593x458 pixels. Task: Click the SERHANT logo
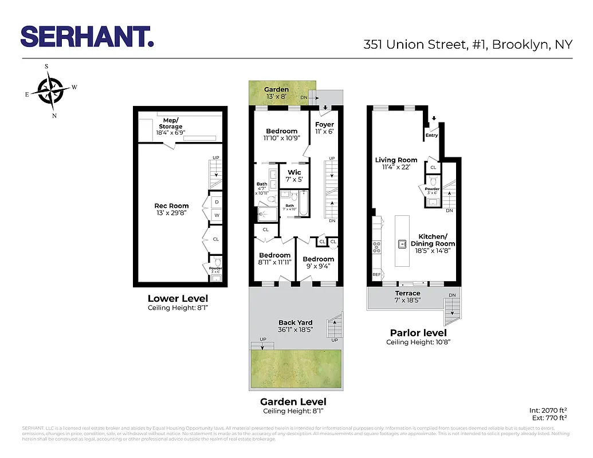(x=87, y=37)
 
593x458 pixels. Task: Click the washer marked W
(x=217, y=215)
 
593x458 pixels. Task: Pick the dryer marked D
(x=217, y=202)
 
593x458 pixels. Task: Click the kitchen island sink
(x=403, y=244)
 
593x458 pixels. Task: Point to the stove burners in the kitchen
(x=378, y=247)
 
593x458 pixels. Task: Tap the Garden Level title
(x=293, y=401)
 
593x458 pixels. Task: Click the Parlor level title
(x=418, y=333)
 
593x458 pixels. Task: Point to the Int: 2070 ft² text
(x=548, y=410)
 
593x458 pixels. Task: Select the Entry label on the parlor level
(x=431, y=136)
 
